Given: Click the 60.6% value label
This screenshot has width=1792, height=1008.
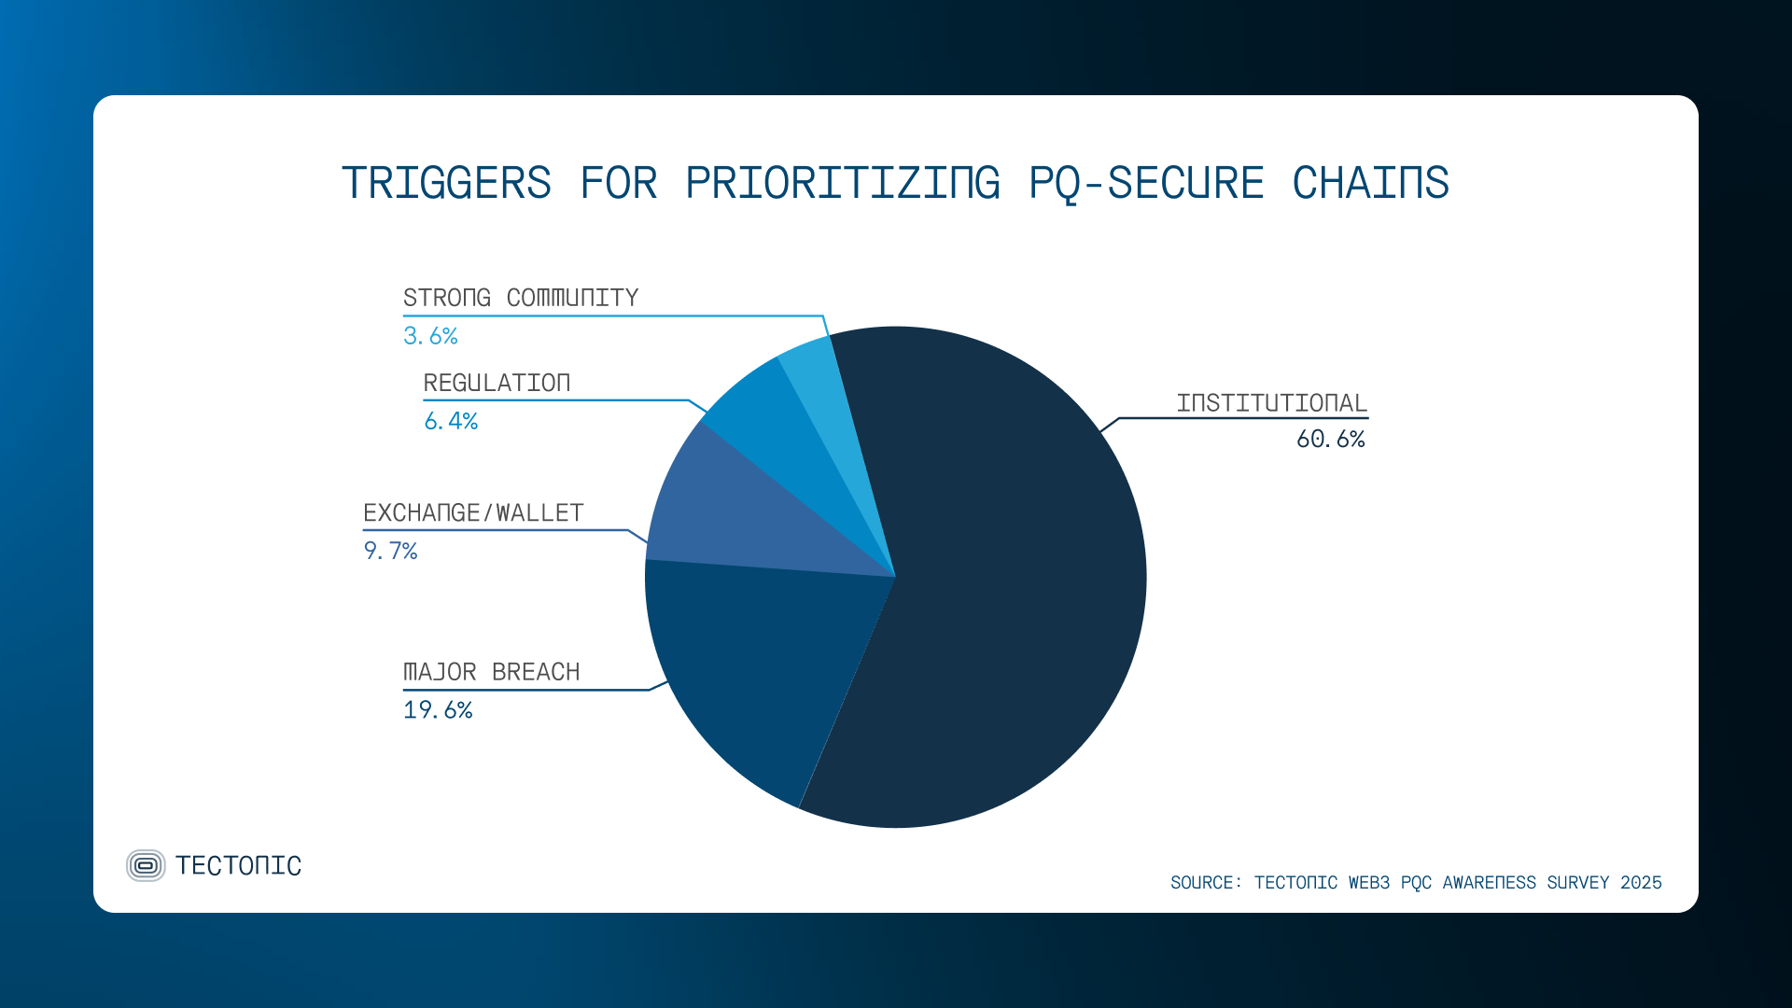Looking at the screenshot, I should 1330,440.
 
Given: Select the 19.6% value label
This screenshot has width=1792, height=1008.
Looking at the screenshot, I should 438,710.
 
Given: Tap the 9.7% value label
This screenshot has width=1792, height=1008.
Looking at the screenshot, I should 390,552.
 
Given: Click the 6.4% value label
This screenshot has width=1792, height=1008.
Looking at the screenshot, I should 451,422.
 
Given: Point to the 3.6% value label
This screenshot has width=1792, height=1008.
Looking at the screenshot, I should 430,336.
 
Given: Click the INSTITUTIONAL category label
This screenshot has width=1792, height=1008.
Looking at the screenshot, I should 1271,403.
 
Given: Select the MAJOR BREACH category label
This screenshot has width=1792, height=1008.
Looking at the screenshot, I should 491,672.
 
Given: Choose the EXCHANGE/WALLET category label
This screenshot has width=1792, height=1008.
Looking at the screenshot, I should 473,513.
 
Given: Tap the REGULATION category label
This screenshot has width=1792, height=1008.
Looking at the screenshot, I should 497,384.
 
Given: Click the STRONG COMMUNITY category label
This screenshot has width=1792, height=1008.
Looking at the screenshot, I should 521,298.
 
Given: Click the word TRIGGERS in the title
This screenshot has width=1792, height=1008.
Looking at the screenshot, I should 446,183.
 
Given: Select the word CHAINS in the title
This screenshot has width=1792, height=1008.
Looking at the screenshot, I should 1370,183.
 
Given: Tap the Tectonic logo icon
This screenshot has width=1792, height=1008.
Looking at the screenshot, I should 146,865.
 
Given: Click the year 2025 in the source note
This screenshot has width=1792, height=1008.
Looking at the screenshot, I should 1641,883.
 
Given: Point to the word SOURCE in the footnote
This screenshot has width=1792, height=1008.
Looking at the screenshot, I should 1202,883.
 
